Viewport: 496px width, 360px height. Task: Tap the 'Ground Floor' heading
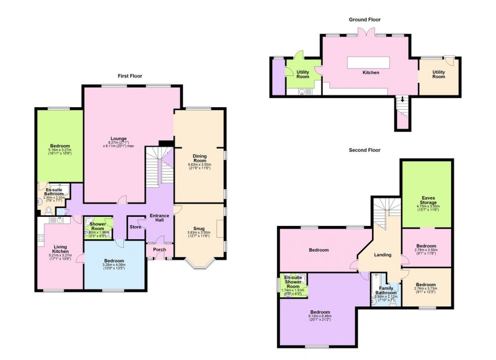pos(364,20)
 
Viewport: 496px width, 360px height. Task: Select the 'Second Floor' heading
pos(364,150)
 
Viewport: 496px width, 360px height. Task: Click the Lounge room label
pos(119,139)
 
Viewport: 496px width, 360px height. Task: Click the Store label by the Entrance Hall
pos(135,227)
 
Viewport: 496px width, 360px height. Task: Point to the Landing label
pos(383,255)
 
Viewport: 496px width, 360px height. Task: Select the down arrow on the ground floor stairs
pos(403,99)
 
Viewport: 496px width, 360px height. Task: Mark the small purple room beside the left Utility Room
pos(277,77)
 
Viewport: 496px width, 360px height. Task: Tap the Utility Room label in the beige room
pos(438,74)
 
